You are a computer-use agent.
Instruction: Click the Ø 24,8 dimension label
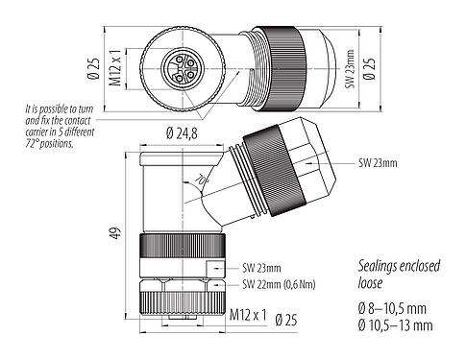[177, 132]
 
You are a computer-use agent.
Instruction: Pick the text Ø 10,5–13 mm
[393, 326]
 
